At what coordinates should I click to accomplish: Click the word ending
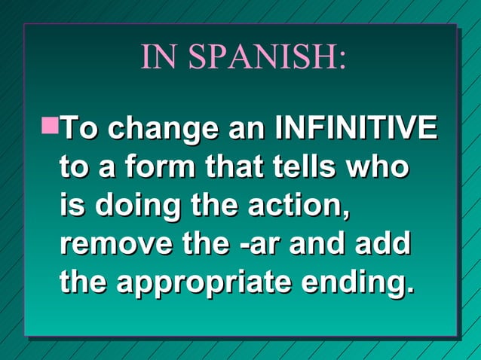(x=356, y=284)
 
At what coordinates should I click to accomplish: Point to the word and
(x=325, y=244)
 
